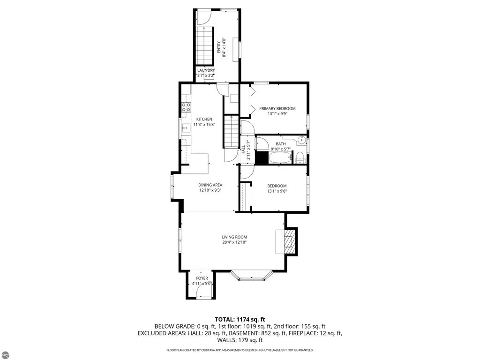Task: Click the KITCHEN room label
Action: [x=204, y=119]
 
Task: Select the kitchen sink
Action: [x=186, y=126]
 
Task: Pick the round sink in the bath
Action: [x=302, y=140]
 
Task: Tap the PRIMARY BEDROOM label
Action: [x=277, y=108]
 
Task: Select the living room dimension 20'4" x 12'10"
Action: [x=234, y=242]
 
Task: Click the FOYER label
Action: [x=202, y=278]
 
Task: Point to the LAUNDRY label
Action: [x=206, y=70]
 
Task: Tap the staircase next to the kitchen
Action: [x=231, y=132]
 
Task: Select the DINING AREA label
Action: [x=210, y=185]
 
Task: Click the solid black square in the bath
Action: [x=261, y=158]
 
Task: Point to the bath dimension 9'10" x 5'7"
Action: [x=280, y=150]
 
